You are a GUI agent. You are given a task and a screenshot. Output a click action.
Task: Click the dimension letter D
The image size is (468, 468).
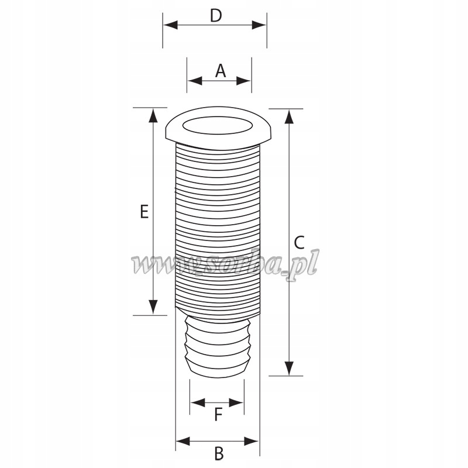pos(216,15)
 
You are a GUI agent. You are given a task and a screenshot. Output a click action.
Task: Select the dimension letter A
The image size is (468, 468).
pos(220,71)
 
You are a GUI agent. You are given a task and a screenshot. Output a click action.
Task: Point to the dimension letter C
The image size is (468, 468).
pos(299,242)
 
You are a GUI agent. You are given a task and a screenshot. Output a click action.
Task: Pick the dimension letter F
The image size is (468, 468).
pos(218,415)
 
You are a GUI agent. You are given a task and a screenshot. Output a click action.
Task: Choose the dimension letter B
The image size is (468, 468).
pos(218,453)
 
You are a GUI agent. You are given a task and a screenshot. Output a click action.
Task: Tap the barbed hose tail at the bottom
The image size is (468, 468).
pos(218,346)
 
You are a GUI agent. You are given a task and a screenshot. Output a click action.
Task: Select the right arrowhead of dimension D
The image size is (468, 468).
pos(260,25)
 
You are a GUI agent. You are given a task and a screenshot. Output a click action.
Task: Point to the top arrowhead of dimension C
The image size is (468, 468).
pos(288,116)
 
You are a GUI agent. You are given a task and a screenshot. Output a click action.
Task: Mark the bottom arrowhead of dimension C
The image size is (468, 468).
pos(288,369)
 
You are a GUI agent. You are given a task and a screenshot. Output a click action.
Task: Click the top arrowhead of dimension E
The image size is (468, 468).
pos(153,115)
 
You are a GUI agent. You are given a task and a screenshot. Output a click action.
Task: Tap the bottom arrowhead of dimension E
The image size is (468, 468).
pos(153,307)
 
